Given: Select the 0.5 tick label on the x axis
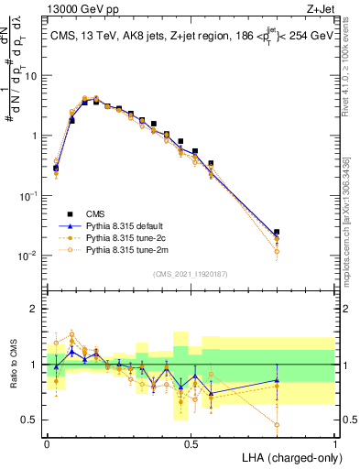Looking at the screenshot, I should click(191, 443).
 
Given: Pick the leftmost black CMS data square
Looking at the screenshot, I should click(56, 168).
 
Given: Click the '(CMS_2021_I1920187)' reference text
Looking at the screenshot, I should click(191, 273).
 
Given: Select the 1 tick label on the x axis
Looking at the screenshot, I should click(334, 443).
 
